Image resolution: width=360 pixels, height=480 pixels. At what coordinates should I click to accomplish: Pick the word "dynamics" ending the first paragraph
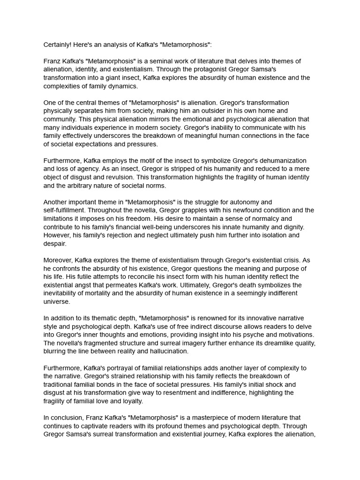click(123, 86)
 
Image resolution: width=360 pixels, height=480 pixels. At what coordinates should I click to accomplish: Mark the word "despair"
click(55, 244)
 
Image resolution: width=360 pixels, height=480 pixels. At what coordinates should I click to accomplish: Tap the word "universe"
click(57, 301)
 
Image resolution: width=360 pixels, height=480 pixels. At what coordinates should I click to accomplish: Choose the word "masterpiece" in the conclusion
click(185, 418)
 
